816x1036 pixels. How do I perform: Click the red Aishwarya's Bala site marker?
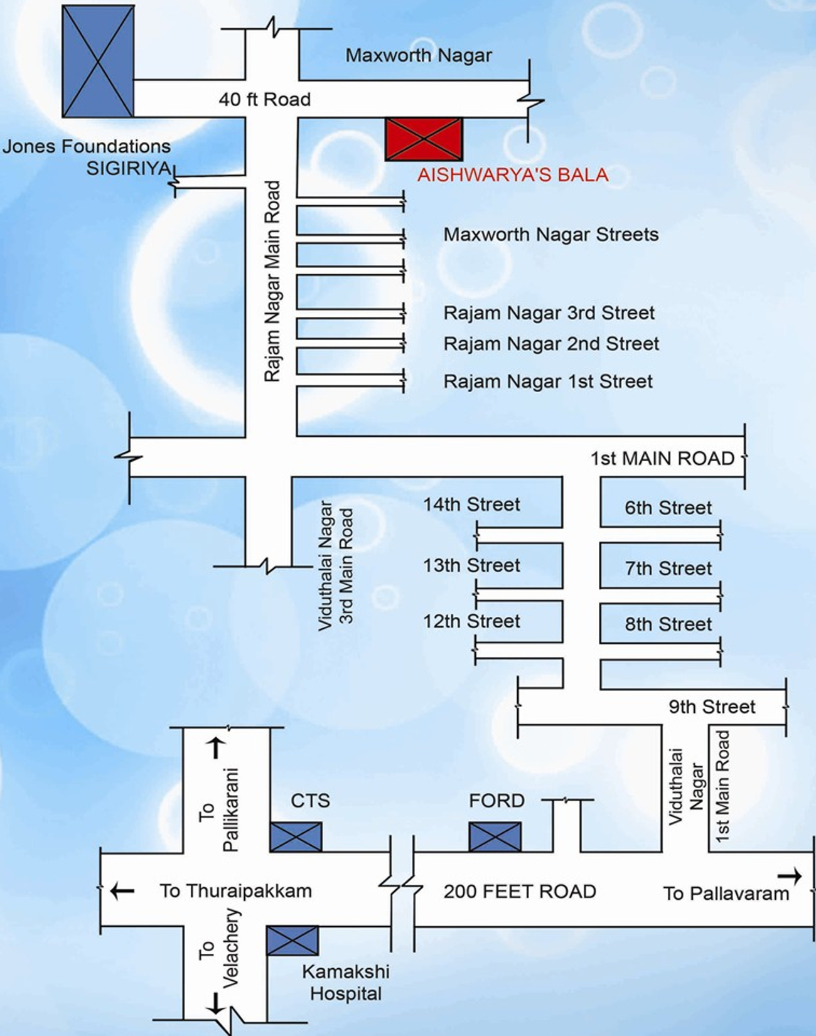tap(424, 139)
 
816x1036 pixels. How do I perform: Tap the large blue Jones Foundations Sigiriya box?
tap(98, 61)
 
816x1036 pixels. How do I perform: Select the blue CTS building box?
tap(296, 836)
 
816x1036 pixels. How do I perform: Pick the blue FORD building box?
tap(495, 836)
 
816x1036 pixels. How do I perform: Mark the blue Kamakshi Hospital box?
tap(293, 940)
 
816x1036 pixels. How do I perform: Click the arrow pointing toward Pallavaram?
tap(789, 876)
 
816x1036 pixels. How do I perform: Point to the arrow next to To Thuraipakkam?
tap(122, 890)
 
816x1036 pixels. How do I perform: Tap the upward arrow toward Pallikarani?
tap(216, 747)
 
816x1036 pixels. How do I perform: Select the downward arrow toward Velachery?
tap(215, 1003)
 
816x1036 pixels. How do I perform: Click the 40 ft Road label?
tap(264, 99)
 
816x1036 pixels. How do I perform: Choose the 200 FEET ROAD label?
tap(520, 891)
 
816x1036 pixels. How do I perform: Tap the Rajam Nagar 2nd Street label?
tap(551, 344)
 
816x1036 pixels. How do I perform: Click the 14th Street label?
tap(471, 504)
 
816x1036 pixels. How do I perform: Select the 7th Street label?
tap(668, 569)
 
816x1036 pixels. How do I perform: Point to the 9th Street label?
tap(711, 707)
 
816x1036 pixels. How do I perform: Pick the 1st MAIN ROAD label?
tap(662, 459)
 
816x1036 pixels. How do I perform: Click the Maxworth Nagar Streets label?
tap(550, 235)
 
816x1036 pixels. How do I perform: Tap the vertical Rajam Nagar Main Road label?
tap(272, 281)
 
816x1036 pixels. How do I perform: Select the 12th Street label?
tap(471, 621)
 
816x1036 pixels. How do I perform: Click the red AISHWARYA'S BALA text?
tap(513, 174)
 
